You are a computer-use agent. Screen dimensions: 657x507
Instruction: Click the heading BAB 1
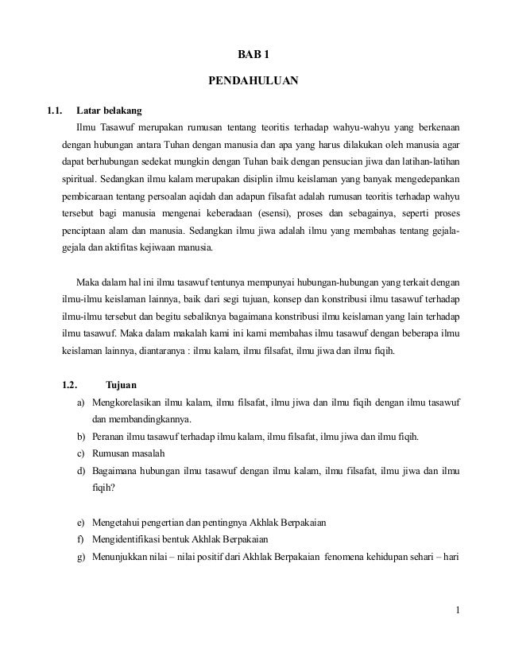(x=254, y=54)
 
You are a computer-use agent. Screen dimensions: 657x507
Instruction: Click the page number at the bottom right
(x=458, y=611)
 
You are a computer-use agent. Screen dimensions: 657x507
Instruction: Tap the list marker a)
(x=82, y=404)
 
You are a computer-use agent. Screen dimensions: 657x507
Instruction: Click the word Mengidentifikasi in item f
(x=128, y=539)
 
